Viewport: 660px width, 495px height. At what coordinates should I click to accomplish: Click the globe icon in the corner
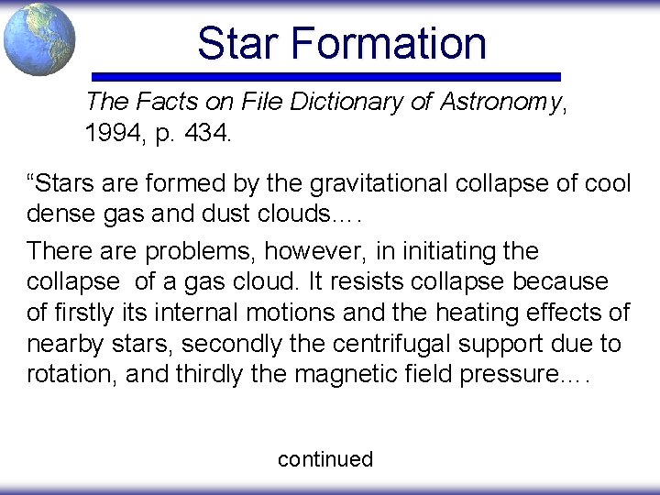click(x=38, y=38)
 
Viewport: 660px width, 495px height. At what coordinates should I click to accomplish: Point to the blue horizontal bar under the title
click(x=326, y=77)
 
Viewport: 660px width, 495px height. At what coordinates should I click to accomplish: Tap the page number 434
click(x=206, y=134)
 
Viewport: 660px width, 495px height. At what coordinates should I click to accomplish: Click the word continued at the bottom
click(x=325, y=459)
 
